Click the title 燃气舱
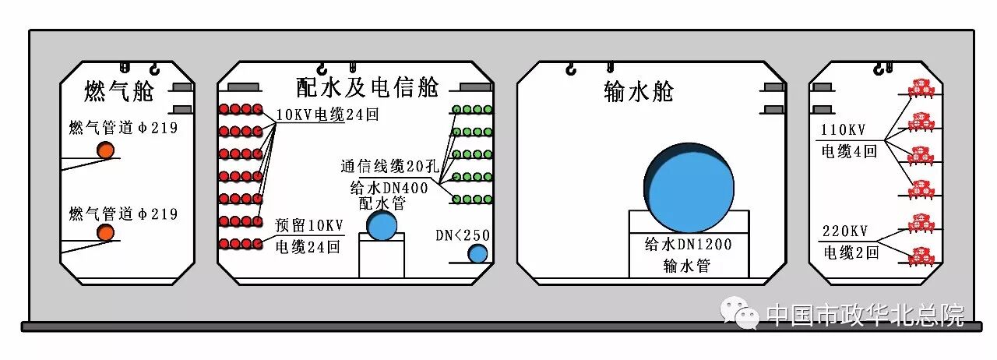[x=119, y=92]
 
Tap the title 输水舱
[x=639, y=91]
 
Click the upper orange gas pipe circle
[x=105, y=150]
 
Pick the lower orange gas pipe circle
[x=105, y=232]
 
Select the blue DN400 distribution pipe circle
[x=382, y=226]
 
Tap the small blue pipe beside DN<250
[x=477, y=253]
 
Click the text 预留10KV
[x=309, y=226]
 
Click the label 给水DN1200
[x=689, y=244]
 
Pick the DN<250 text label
[x=463, y=235]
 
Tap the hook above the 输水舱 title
[x=572, y=71]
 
